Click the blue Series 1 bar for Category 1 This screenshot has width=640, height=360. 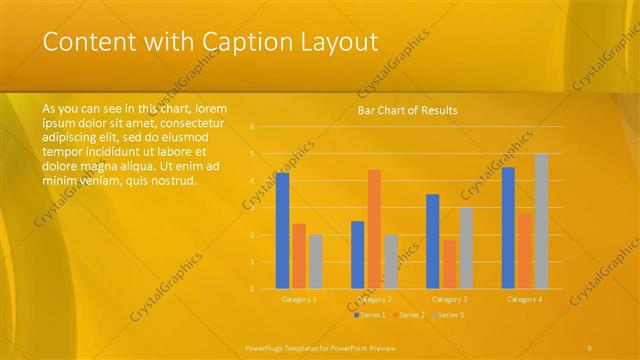[282, 230]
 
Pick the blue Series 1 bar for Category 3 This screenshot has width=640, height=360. [433, 241]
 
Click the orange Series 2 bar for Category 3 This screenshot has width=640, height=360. [449, 264]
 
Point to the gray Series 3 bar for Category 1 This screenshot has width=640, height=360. [315, 261]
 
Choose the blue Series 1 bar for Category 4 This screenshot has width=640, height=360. [508, 227]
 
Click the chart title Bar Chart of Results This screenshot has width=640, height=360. [407, 110]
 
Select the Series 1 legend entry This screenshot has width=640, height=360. [370, 315]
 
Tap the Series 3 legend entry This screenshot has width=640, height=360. [448, 315]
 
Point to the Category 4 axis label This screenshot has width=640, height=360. [524, 299]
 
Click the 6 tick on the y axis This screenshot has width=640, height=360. [253, 127]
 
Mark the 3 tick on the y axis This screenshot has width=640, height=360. [253, 208]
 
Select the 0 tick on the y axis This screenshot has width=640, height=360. [253, 289]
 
